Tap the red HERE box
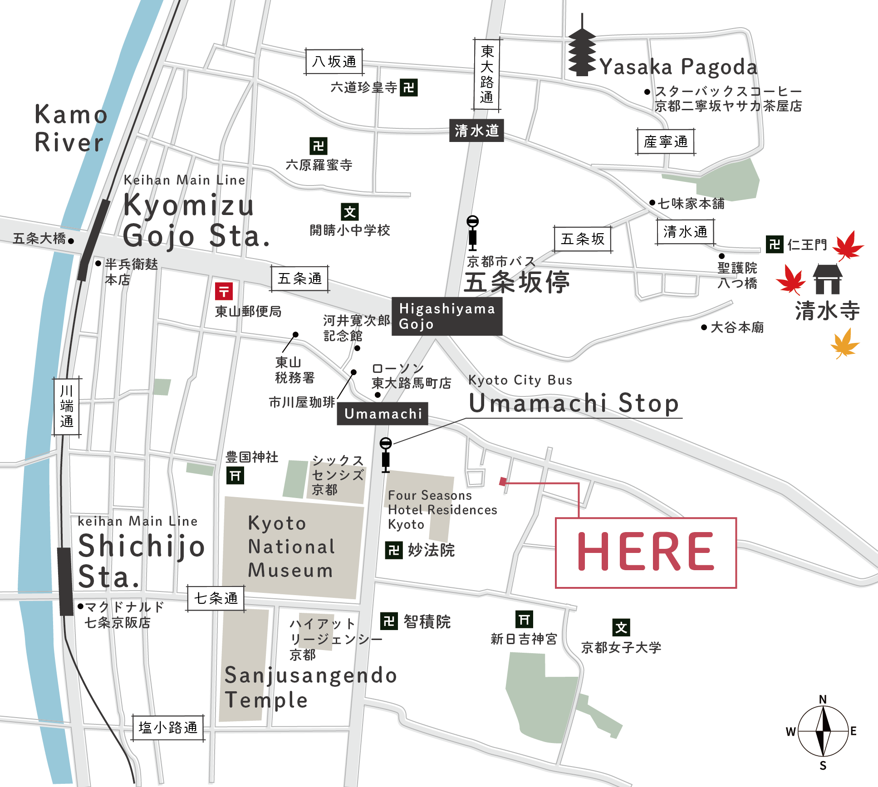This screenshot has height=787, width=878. tap(645, 552)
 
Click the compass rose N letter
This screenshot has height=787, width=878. tap(823, 699)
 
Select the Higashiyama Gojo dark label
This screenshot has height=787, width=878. tap(446, 316)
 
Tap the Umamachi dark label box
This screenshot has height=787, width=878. tap(382, 413)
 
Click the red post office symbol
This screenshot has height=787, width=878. tap(224, 291)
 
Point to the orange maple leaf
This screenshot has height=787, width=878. tap(844, 344)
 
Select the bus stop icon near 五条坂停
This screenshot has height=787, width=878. tap(472, 233)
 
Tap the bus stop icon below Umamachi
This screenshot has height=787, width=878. tap(385, 455)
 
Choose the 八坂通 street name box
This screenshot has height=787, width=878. tap(334, 62)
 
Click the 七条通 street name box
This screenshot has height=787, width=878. tap(216, 598)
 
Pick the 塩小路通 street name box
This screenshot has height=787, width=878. tap(168, 728)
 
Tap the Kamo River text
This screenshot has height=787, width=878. tap(70, 128)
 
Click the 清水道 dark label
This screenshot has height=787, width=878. tap(476, 131)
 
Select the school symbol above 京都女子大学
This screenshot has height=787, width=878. tap(621, 628)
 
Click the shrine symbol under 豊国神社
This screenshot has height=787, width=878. tap(235, 476)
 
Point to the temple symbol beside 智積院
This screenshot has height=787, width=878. tap(389, 621)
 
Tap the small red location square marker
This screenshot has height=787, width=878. tap(502, 481)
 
